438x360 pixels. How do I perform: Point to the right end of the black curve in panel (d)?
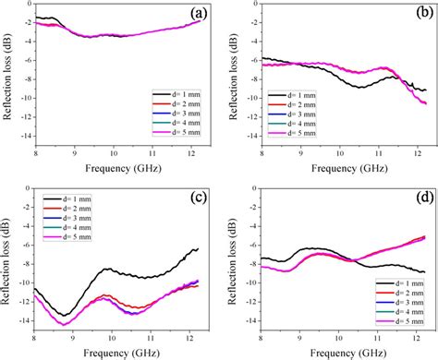point(425,271)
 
